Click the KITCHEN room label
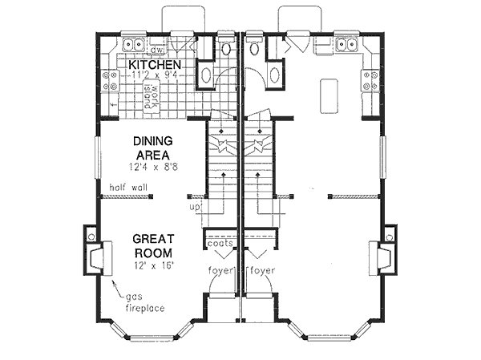[155, 65]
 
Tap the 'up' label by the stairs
[193, 207]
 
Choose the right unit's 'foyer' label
[262, 270]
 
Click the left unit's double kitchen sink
[133, 44]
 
